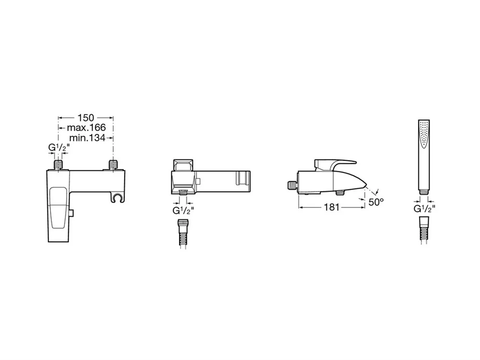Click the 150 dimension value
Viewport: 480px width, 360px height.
pos(86,118)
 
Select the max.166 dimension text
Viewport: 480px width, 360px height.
pos(86,128)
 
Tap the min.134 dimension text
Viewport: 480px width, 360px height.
pos(87,138)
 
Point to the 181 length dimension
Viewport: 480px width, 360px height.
pos(332,207)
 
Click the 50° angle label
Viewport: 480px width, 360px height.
pos(376,202)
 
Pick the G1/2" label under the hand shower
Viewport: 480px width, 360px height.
pos(424,209)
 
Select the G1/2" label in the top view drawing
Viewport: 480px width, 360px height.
pos(183,211)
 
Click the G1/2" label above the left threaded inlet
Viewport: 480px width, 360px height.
pos(59,147)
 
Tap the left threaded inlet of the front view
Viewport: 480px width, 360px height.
pos(58,164)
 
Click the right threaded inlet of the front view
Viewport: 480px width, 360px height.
pos(113,164)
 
